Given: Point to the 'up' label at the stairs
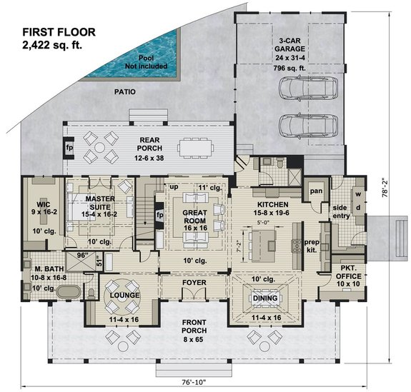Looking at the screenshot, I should [x=172, y=186].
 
